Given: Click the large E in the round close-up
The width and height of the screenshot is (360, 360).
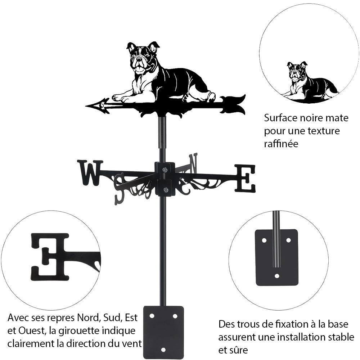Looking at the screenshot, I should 50,256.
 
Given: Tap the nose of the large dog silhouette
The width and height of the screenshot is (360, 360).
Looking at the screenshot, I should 138,60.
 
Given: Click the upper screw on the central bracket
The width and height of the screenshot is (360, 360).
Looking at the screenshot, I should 165,170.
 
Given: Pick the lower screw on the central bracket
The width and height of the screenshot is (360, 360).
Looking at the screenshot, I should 165,190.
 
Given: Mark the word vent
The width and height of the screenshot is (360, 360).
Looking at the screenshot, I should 132,343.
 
